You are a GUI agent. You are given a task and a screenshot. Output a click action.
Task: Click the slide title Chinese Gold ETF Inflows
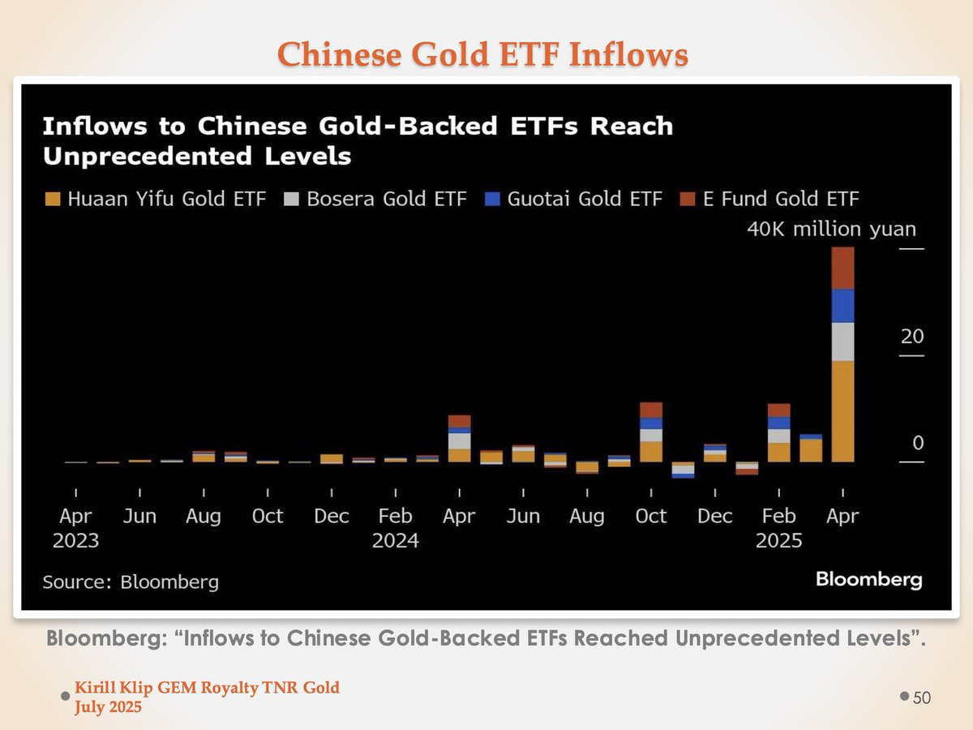[483, 54]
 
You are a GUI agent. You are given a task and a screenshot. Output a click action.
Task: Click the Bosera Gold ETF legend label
[386, 199]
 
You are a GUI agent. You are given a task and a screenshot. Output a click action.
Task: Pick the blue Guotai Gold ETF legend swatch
[491, 199]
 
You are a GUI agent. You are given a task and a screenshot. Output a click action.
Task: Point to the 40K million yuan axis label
[831, 230]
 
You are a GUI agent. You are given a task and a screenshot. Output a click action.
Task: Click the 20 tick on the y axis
[912, 337]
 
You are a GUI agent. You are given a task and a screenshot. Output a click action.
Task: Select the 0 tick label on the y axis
[917, 444]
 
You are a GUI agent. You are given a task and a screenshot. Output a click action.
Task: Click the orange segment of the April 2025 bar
[843, 411]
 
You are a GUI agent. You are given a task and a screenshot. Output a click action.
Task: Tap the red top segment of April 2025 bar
[843, 268]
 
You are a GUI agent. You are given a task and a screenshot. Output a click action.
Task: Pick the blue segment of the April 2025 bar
[843, 306]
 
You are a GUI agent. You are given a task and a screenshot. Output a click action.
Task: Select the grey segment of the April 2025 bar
[843, 341]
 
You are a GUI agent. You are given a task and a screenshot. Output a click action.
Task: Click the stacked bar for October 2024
[651, 432]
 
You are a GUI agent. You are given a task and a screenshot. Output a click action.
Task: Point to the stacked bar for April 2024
[460, 439]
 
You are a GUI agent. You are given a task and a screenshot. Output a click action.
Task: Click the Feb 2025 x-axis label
[778, 527]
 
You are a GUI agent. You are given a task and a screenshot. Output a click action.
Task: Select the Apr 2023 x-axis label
[75, 527]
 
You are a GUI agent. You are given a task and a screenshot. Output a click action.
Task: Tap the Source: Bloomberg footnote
[131, 582]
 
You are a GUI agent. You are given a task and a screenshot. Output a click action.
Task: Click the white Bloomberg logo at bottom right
[868, 579]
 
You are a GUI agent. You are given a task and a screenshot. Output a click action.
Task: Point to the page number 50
[922, 698]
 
